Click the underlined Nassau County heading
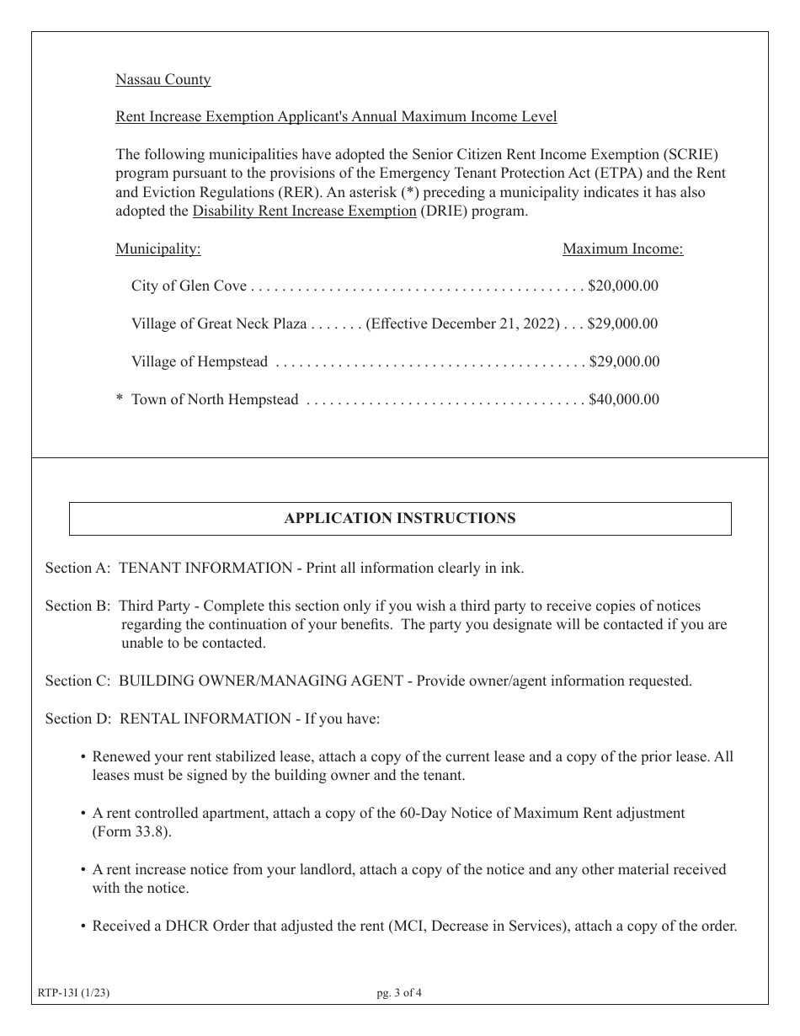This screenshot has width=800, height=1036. coord(163,80)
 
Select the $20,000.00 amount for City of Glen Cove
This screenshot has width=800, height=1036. coord(623,286)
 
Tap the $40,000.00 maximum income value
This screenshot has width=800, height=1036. coord(623,400)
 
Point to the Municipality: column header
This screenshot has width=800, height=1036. coord(157,249)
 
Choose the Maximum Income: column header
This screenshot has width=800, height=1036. coord(622,249)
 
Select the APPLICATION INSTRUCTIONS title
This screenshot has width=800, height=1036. coord(399,519)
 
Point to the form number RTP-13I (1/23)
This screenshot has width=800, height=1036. coord(74,993)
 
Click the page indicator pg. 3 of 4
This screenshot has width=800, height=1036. coord(399,993)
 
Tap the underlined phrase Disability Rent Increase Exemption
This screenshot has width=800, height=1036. coord(304,211)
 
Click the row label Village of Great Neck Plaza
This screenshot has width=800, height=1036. coord(219,324)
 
